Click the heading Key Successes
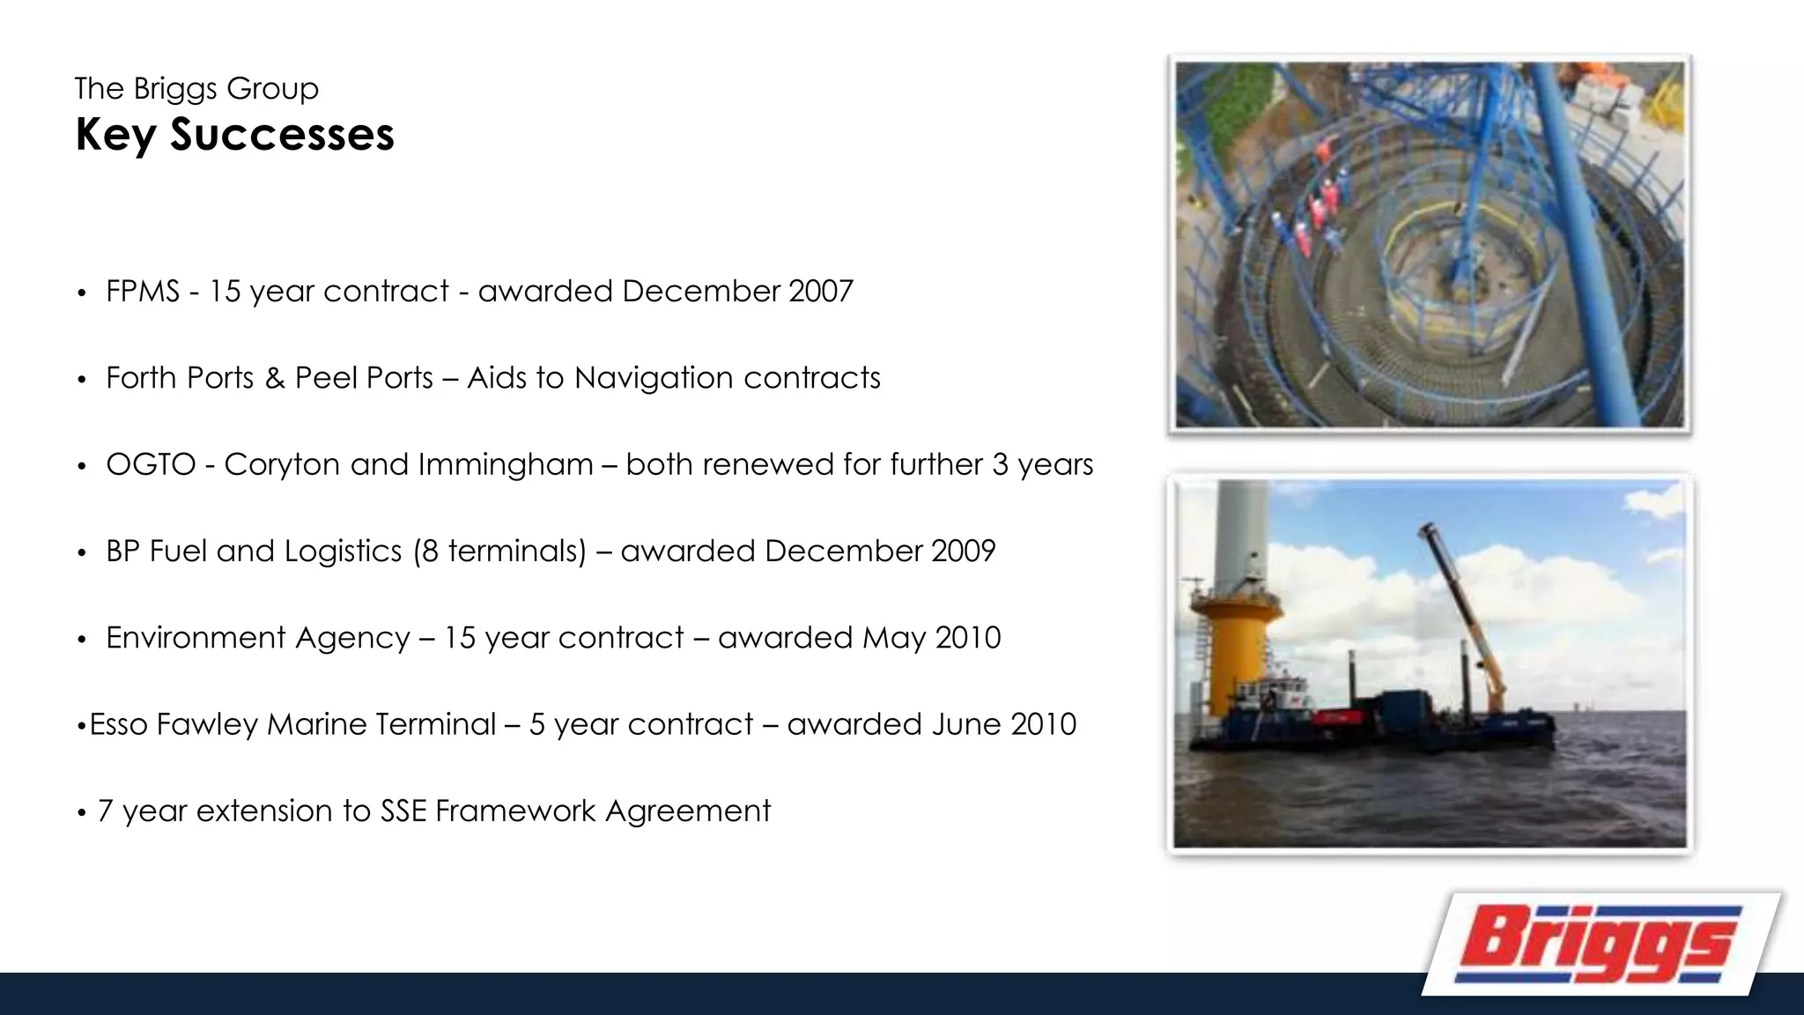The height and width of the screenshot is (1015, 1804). click(234, 135)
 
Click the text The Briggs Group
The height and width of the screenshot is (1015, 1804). click(196, 88)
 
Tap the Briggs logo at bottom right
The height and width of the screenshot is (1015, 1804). click(1600, 943)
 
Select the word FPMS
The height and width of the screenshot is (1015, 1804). click(142, 291)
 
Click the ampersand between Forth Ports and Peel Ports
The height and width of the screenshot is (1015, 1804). click(275, 378)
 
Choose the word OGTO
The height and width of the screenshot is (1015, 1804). click(151, 464)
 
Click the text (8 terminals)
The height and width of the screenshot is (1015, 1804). click(499, 551)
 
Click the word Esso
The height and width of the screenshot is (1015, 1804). click(118, 724)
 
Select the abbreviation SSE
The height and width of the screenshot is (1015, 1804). click(403, 811)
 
